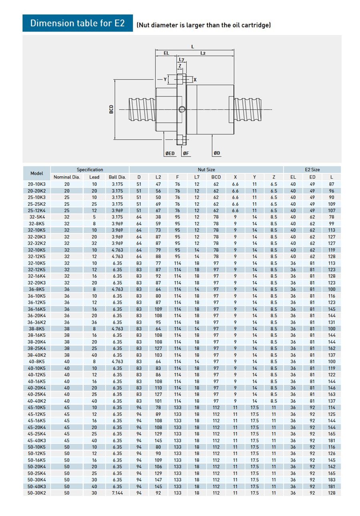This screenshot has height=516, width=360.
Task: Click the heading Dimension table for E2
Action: click(x=78, y=23)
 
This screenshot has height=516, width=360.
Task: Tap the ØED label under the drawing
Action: click(x=170, y=153)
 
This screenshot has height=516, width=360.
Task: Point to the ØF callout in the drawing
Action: click(x=186, y=153)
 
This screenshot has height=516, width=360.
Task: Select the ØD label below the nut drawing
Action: click(x=217, y=153)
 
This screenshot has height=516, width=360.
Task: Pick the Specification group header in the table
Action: click(x=90, y=170)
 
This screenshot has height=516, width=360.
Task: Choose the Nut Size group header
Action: click(x=206, y=170)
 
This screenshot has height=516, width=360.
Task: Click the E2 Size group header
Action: click(x=312, y=170)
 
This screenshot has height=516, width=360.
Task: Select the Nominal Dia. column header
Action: click(x=67, y=177)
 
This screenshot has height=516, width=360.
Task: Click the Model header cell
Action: click(x=37, y=173)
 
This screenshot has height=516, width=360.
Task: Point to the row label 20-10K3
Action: click(x=36, y=184)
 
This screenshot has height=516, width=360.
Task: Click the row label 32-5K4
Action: click(x=36, y=217)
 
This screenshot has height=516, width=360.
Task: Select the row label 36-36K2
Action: click(x=36, y=322)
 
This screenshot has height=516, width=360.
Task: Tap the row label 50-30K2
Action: click(x=36, y=493)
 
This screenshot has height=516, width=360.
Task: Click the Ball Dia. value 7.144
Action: click(x=117, y=493)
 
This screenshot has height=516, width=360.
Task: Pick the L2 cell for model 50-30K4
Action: click(x=158, y=480)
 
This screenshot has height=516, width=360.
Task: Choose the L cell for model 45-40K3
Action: click(x=331, y=440)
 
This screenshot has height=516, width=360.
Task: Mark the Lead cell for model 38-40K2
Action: click(x=94, y=355)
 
